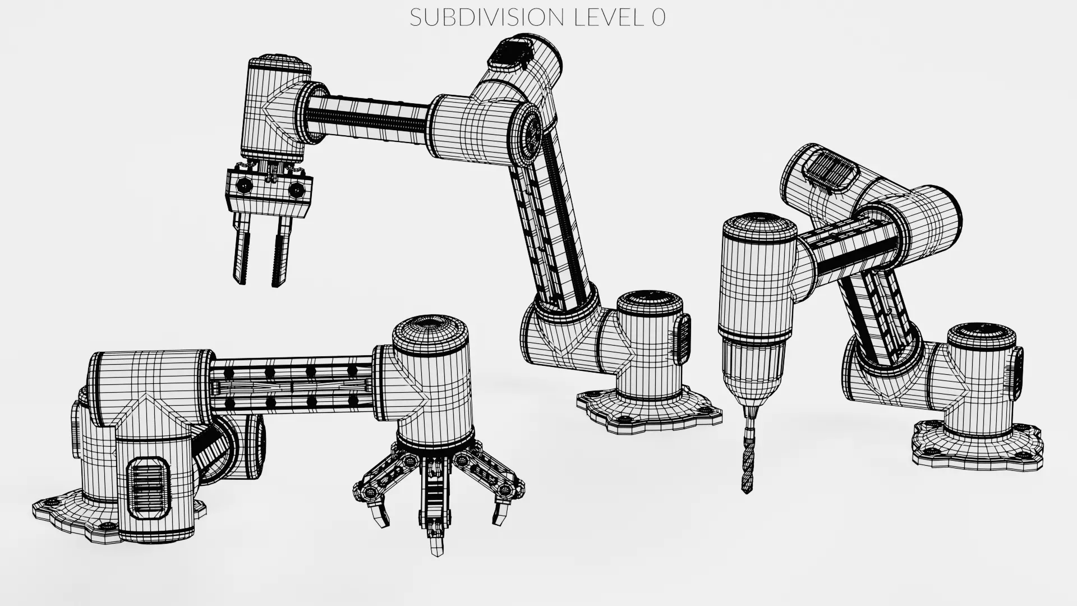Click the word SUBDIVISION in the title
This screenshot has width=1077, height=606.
487,17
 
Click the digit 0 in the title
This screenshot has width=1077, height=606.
659,17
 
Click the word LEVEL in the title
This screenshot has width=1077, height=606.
609,17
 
